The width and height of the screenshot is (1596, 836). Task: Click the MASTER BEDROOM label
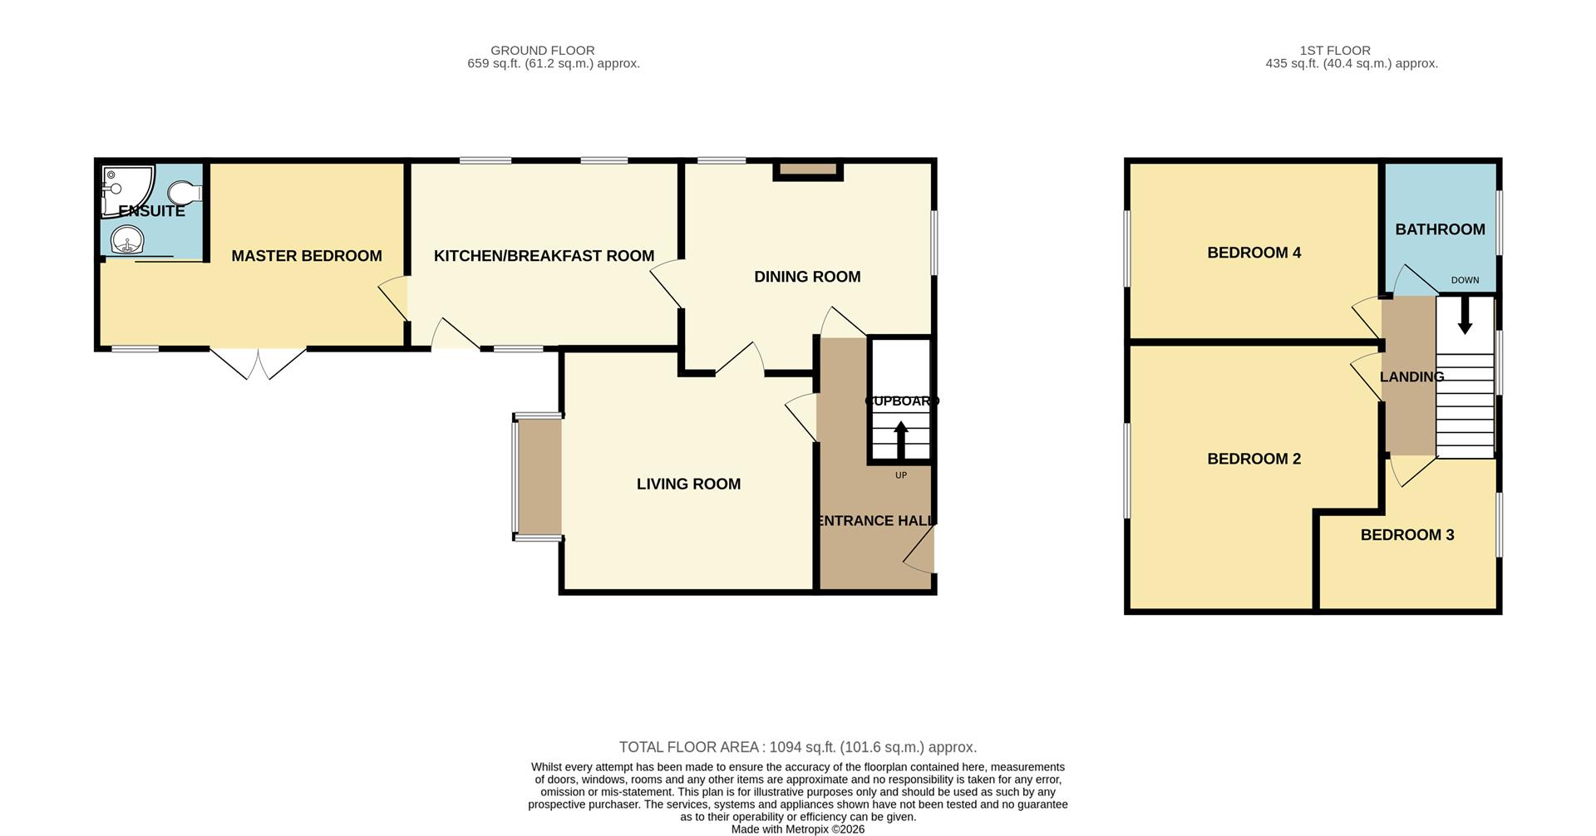306,256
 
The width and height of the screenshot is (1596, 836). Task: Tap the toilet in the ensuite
185,193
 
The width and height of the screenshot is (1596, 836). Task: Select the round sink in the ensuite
126,240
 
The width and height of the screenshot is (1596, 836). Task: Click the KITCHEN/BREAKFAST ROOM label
544,256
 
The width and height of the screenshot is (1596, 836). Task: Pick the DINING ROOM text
806,277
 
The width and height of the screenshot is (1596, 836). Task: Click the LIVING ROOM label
688,484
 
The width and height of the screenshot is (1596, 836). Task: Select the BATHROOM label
1440,229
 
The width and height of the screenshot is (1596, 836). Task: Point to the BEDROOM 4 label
1254,253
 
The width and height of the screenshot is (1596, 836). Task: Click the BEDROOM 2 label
1254,459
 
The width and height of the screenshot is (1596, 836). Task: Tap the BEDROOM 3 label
1406,534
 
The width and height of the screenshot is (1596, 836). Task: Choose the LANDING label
1411,376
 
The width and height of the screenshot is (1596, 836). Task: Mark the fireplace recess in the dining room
808,170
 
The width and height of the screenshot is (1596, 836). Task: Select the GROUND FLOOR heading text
542,51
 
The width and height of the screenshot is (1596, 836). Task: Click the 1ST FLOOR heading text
1335,51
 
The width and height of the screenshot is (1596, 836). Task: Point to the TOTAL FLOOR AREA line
797,747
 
